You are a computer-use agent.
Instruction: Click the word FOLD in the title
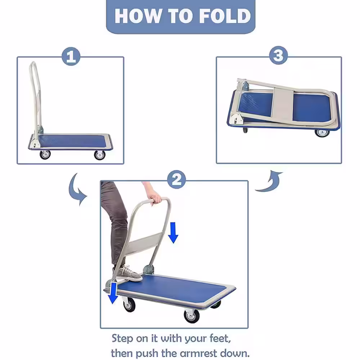[x=225, y=16]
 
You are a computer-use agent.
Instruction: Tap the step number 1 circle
[x=71, y=57]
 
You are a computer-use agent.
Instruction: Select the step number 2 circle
[x=176, y=180]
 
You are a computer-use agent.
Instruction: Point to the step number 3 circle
[x=278, y=55]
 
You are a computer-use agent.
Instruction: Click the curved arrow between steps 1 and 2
[x=76, y=189]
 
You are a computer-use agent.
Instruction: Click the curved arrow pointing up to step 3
[x=271, y=181]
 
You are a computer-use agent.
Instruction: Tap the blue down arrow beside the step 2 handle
[x=173, y=233]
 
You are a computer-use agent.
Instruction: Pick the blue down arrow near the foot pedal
[x=113, y=293]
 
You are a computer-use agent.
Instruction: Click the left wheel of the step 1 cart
[x=45, y=155]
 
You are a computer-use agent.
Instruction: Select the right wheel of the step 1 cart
[x=100, y=155]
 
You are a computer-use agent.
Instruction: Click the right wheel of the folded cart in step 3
[x=322, y=133]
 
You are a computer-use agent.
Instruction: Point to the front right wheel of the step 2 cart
[x=192, y=316]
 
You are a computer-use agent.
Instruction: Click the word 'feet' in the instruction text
[x=220, y=339]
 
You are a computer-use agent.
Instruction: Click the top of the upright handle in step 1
[x=33, y=63]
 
